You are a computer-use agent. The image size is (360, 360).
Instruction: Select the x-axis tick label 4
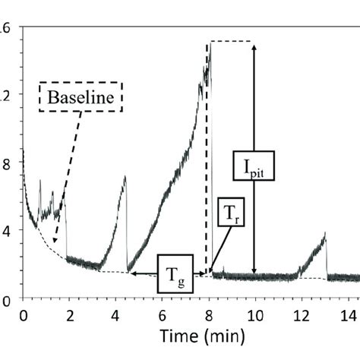click(115, 314)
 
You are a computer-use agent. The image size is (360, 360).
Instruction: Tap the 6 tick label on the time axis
click(162, 314)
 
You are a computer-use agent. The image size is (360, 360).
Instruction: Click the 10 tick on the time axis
click(254, 314)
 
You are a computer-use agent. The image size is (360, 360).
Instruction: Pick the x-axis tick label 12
click(301, 314)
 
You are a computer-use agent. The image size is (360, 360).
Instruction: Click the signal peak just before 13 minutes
click(325, 234)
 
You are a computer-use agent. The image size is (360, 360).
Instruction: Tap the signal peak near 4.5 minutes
click(125, 177)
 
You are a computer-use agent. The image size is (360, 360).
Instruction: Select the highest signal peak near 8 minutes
click(210, 47)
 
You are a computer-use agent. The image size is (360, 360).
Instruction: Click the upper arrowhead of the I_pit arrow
click(254, 44)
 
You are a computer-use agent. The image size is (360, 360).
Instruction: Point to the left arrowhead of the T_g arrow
click(130, 273)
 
